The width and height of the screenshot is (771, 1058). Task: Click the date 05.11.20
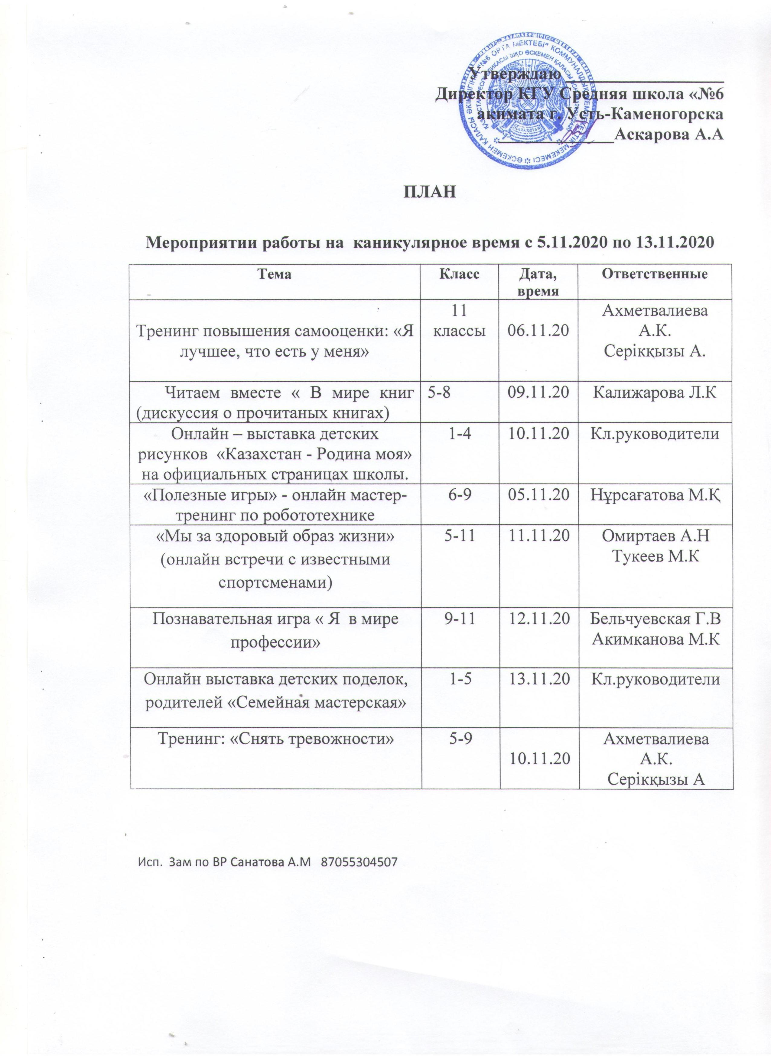click(x=538, y=496)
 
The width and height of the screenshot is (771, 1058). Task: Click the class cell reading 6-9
click(x=459, y=496)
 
